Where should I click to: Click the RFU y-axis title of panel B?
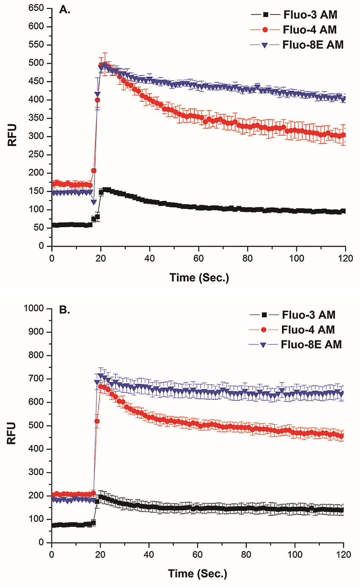click(13, 426)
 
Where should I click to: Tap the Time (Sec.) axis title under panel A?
click(198, 278)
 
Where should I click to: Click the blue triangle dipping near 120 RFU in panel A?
click(94, 202)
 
